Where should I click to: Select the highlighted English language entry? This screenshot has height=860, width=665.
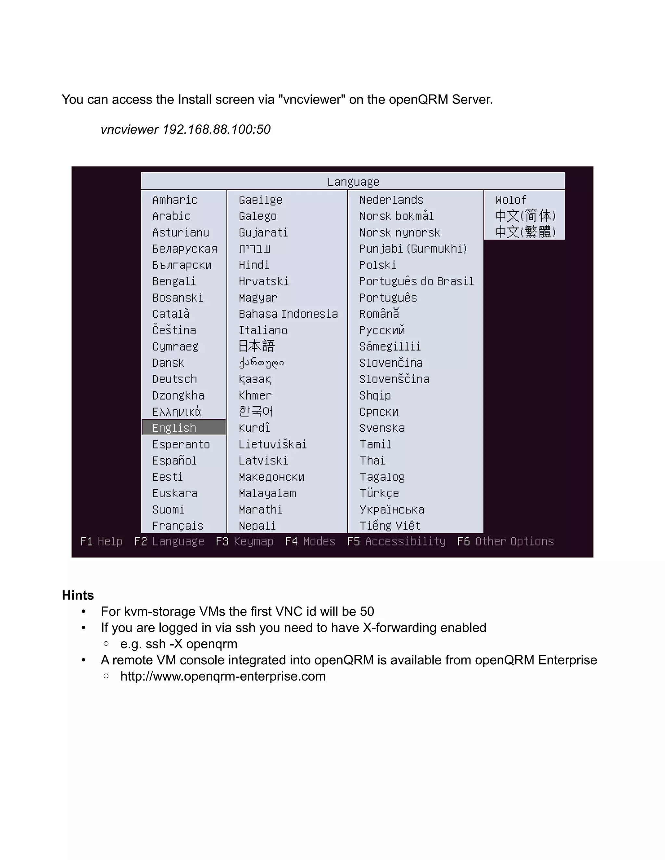(174, 428)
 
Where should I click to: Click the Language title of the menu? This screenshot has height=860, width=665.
(353, 182)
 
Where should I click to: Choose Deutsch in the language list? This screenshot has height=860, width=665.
(174, 379)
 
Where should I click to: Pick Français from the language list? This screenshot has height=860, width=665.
(178, 526)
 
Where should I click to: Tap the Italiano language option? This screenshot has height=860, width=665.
(263, 330)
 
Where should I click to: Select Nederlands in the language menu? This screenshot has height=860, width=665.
(391, 200)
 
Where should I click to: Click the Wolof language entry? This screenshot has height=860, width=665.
(510, 200)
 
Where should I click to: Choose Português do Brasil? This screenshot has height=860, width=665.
(416, 282)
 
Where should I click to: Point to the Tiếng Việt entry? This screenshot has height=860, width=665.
(390, 526)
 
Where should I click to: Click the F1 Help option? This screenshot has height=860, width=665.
(102, 541)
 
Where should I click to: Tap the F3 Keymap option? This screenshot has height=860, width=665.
(245, 541)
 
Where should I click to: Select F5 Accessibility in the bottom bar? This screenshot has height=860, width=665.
(396, 541)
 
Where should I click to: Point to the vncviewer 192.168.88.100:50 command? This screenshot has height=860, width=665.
(185, 129)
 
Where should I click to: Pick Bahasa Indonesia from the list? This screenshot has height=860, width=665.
(288, 314)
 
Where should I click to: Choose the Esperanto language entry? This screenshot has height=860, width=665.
(181, 444)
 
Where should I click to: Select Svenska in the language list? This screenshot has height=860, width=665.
(382, 428)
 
